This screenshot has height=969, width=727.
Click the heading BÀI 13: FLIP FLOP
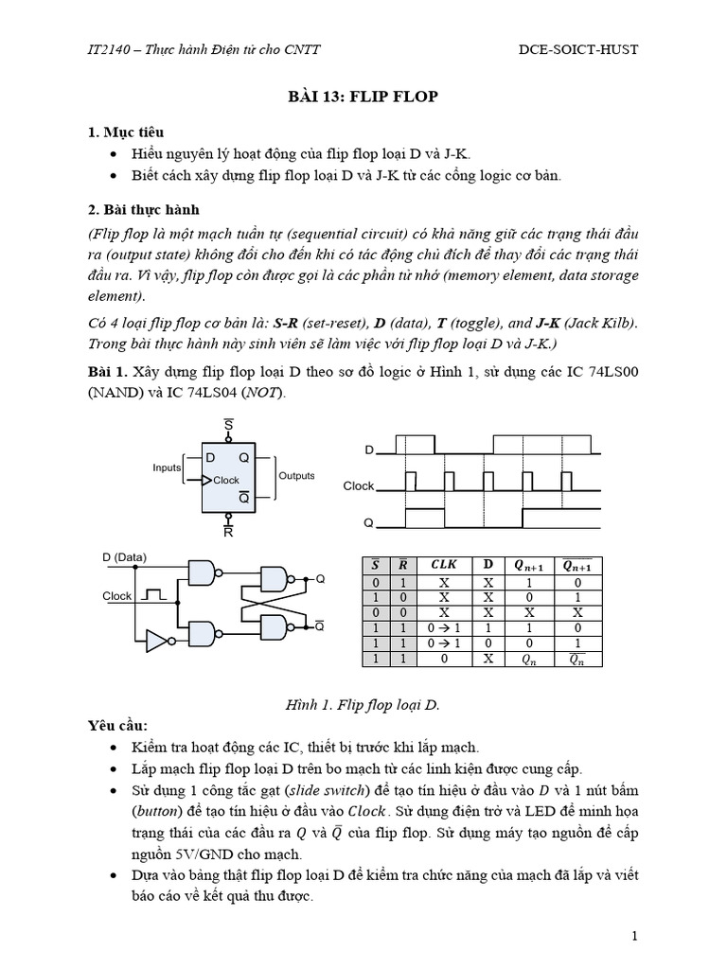(x=363, y=97)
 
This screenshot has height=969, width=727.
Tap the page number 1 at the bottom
(x=635, y=936)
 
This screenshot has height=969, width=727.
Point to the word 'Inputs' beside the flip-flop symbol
(x=167, y=467)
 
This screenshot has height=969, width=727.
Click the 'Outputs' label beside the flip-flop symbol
(x=296, y=476)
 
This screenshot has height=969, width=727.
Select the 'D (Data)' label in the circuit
(x=125, y=557)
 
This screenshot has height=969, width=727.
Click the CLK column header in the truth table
(x=443, y=565)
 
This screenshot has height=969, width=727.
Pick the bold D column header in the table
(x=488, y=565)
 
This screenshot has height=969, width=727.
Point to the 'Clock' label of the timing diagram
(x=359, y=485)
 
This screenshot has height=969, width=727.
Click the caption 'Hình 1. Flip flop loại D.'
(x=363, y=705)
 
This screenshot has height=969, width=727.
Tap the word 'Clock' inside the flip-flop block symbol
(x=226, y=480)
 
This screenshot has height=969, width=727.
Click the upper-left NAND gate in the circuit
(x=204, y=572)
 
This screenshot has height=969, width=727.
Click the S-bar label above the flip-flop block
(x=228, y=426)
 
